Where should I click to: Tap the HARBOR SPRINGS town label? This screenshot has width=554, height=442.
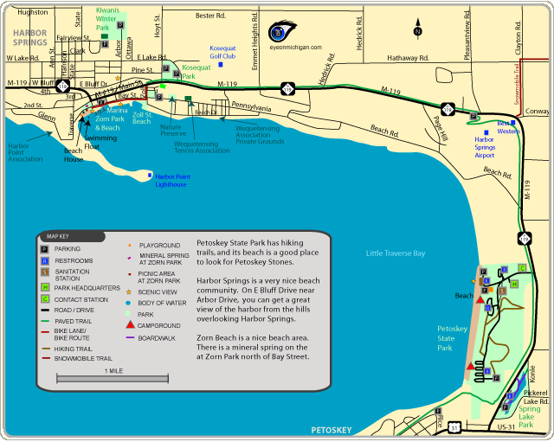30,36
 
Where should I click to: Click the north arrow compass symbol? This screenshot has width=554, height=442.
418,27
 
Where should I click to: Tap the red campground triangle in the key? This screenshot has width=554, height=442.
130,324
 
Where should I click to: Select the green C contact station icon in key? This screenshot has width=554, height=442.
43,299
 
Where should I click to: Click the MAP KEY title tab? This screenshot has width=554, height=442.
57,235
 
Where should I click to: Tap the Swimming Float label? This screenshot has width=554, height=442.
101,143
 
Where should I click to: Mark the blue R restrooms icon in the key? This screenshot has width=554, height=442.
43,260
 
